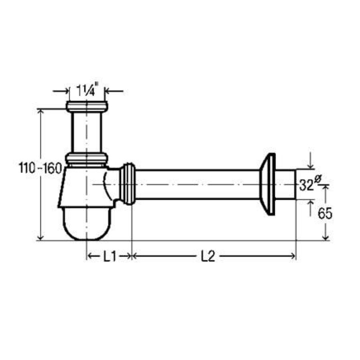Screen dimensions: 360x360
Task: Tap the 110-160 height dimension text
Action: pos(40,168)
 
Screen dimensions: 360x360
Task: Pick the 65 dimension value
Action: pos(324,214)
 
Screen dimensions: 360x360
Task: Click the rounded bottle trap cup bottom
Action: pos(87,224)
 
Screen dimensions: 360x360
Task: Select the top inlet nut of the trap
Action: pos(87,107)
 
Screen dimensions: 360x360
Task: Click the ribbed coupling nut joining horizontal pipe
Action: pos(128,184)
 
